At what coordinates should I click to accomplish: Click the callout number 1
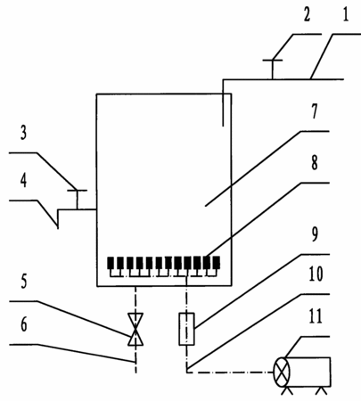[345, 14]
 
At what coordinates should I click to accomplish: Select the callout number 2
[307, 14]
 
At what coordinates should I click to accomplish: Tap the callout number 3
[23, 132]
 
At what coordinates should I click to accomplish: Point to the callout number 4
[23, 180]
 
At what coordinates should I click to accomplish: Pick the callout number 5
[24, 281]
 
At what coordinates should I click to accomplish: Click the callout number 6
[24, 323]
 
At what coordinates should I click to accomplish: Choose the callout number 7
[314, 111]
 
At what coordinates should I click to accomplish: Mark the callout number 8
[314, 162]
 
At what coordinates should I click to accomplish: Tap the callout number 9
[315, 234]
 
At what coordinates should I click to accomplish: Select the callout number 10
[316, 274]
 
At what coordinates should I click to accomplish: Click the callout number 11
[316, 316]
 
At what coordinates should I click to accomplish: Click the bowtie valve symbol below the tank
[135, 329]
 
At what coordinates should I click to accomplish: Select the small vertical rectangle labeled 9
[186, 329]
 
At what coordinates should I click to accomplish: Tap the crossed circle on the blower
[282, 372]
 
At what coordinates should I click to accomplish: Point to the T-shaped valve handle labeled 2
[273, 70]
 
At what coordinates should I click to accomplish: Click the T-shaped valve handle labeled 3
[77, 200]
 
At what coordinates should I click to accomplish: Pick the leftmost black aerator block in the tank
[111, 263]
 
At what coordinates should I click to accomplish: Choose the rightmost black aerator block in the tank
[217, 263]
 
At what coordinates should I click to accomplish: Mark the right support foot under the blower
[321, 391]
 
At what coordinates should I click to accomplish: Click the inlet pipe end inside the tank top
[223, 126]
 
